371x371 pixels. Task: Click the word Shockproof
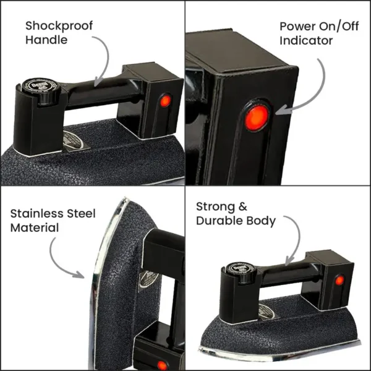[59, 26]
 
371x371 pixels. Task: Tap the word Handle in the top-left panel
[46, 40]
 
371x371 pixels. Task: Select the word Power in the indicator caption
[297, 26]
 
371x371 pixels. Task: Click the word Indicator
[306, 40]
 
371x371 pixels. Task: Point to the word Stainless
[36, 213]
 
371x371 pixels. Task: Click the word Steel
[81, 213]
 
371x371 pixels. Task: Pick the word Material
[35, 228]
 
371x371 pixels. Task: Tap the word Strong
[215, 207]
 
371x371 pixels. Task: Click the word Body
[261, 221]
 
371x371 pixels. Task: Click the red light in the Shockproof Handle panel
[165, 101]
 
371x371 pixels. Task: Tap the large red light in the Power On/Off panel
[257, 118]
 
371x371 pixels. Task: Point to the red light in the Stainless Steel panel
[162, 365]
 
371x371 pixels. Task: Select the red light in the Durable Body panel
[339, 280]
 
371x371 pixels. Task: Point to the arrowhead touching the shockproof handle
[97, 82]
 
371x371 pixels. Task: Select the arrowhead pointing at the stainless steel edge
[79, 275]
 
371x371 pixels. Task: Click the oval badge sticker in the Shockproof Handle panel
[74, 140]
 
